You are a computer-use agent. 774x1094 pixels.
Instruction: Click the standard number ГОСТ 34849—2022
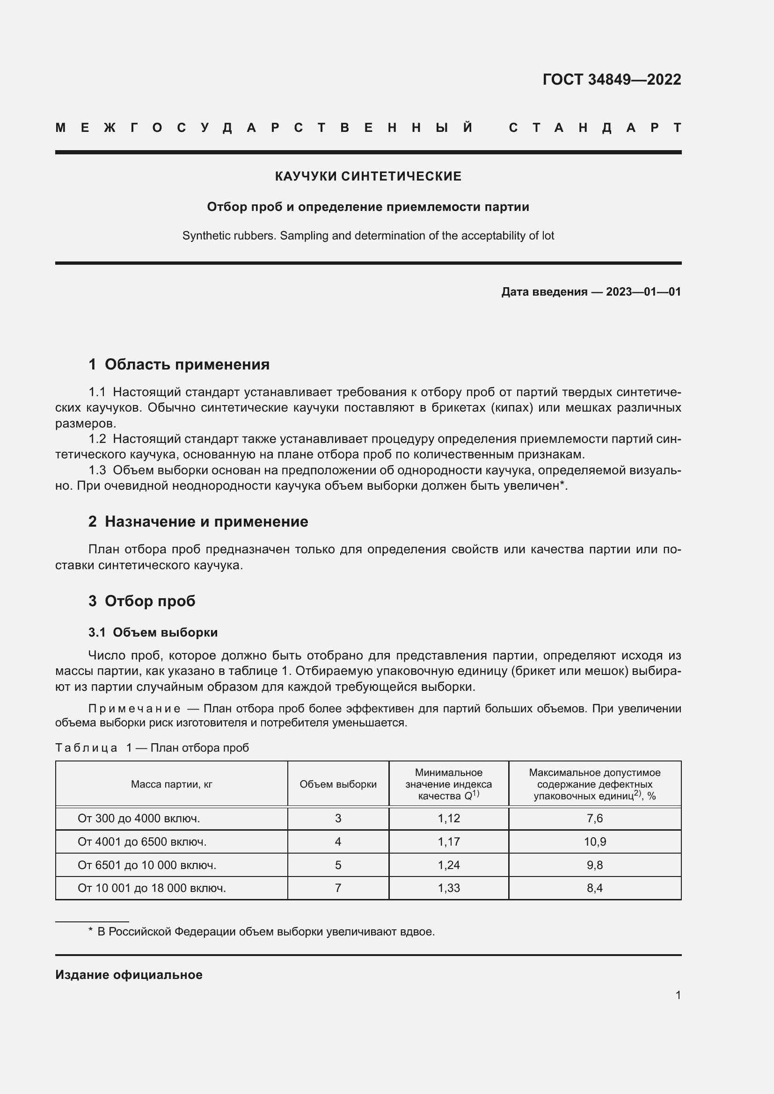612,79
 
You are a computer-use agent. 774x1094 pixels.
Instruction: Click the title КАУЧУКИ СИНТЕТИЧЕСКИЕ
368,176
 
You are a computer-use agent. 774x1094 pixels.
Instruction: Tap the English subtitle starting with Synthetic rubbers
368,236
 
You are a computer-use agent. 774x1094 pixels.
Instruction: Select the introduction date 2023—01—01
643,291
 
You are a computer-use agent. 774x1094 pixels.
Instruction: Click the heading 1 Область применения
179,364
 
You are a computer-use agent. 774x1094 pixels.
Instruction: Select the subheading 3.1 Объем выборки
153,632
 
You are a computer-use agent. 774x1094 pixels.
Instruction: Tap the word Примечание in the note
134,709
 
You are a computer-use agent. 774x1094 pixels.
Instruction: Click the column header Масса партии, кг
172,784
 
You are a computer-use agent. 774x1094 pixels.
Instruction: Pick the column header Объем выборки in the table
338,784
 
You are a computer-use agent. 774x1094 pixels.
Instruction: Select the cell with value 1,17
448,841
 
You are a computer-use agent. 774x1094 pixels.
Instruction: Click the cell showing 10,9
595,841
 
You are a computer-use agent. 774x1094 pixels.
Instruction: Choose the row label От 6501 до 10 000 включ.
147,865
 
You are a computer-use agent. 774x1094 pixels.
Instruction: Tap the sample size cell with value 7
338,888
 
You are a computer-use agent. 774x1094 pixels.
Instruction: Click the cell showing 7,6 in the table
595,819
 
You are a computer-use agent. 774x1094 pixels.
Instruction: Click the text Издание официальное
129,975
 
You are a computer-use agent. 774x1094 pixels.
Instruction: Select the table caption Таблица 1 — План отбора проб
152,747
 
